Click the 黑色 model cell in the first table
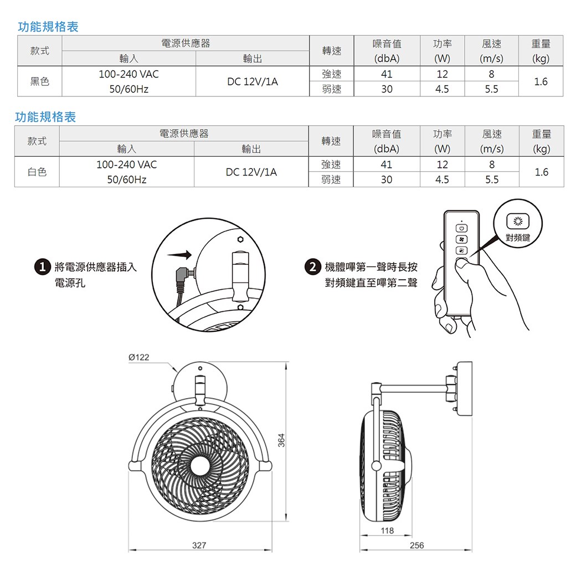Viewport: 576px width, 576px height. point(39,81)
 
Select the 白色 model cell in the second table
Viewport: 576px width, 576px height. point(37,172)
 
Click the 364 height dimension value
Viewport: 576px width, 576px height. point(281,440)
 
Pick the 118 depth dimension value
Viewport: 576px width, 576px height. point(388,531)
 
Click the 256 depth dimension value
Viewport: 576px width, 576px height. point(416,546)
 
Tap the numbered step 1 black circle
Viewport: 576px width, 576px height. point(40,268)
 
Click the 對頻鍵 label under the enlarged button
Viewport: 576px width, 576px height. point(518,237)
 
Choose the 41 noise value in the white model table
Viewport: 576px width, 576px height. point(386,164)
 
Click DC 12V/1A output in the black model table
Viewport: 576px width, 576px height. point(253,81)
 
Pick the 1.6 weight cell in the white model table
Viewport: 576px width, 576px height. point(541,172)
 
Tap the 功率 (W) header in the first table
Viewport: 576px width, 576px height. point(442,50)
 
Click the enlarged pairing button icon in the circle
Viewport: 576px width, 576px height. point(518,222)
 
